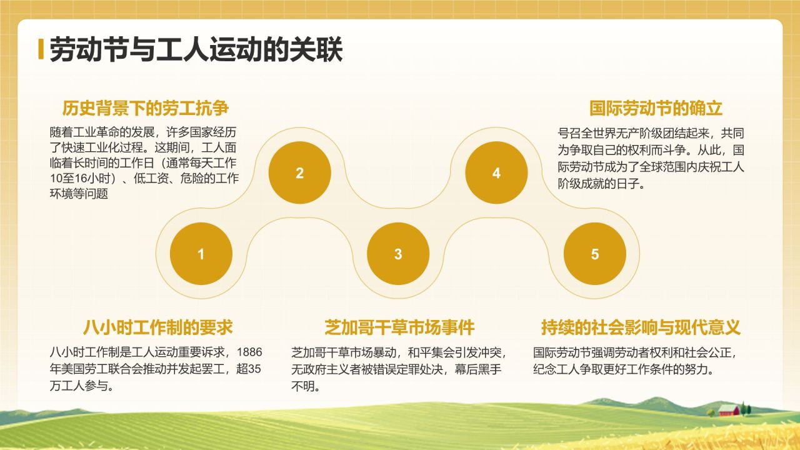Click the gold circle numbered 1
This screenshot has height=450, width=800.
(x=201, y=254)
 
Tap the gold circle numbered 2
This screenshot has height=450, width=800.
(x=299, y=173)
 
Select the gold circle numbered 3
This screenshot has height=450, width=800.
(x=398, y=254)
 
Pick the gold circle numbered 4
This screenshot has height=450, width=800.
(x=496, y=173)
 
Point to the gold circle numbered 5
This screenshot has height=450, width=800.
(x=594, y=254)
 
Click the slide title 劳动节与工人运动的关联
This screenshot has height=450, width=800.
(x=196, y=49)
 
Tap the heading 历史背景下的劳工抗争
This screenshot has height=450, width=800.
(x=146, y=109)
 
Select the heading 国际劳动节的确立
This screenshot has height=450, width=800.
(x=656, y=109)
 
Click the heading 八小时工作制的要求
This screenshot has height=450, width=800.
(x=157, y=327)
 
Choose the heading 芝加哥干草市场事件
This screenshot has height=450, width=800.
(x=399, y=327)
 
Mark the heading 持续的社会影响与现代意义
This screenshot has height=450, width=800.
(x=641, y=327)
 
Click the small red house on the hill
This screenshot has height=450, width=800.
(x=729, y=410)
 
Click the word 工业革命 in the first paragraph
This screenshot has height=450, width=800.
(x=103, y=134)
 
